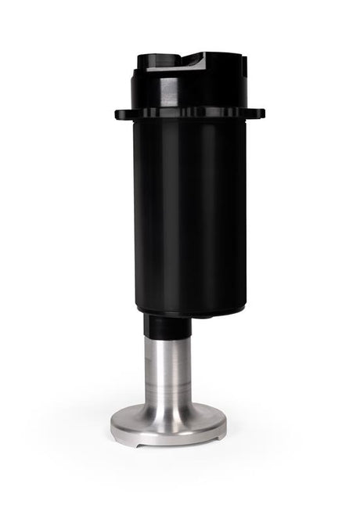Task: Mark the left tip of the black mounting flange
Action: [117, 114]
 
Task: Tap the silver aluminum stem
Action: [167, 368]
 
